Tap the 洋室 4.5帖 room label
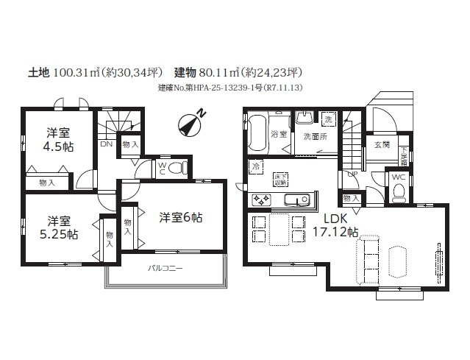(58, 140)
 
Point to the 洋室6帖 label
(181, 217)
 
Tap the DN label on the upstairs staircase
(107, 144)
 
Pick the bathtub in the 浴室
(257, 133)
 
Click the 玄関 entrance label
(381, 145)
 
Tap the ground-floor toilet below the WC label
(399, 193)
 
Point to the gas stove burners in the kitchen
(260, 199)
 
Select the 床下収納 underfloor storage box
(280, 179)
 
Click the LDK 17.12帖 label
(332, 225)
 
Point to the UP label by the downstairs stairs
(353, 174)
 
